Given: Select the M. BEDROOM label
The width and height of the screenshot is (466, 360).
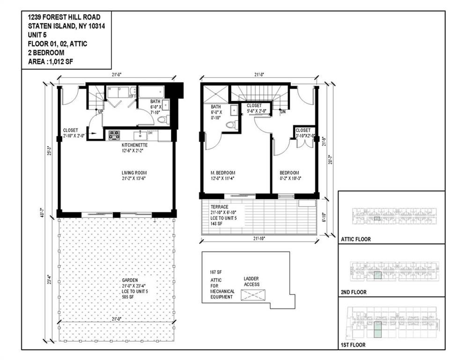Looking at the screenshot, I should [222, 172].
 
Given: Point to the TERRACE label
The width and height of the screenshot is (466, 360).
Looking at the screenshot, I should [219, 206].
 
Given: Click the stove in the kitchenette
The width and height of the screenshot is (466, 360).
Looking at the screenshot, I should [114, 135].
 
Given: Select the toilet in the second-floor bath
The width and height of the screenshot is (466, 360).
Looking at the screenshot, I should [230, 125].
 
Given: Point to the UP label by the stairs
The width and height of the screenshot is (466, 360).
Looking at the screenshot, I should [100, 112].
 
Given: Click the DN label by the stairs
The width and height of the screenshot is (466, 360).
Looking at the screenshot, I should [283, 112].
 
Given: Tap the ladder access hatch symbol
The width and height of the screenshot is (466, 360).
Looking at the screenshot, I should [252, 295].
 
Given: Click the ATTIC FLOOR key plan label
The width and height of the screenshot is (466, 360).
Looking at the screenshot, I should [356, 239].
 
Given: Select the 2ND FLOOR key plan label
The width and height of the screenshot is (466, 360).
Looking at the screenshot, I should [354, 292].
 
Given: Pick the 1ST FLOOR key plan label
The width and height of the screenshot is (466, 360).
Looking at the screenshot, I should [354, 345].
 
